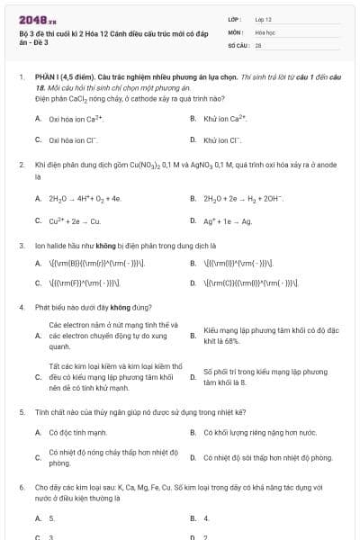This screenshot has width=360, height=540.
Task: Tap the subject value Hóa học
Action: click(x=265, y=31)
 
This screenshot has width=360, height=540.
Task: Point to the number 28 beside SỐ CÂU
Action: click(x=258, y=43)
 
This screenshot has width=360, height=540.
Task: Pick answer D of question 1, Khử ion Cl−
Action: click(x=222, y=140)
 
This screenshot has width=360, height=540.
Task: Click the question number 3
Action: click(x=21, y=245)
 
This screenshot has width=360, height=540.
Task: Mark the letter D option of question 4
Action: click(x=193, y=376)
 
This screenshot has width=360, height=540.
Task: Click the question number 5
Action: click(x=21, y=411)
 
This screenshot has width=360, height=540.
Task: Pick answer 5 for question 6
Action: click(x=51, y=518)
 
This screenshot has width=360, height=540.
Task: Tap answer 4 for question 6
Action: click(x=206, y=518)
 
